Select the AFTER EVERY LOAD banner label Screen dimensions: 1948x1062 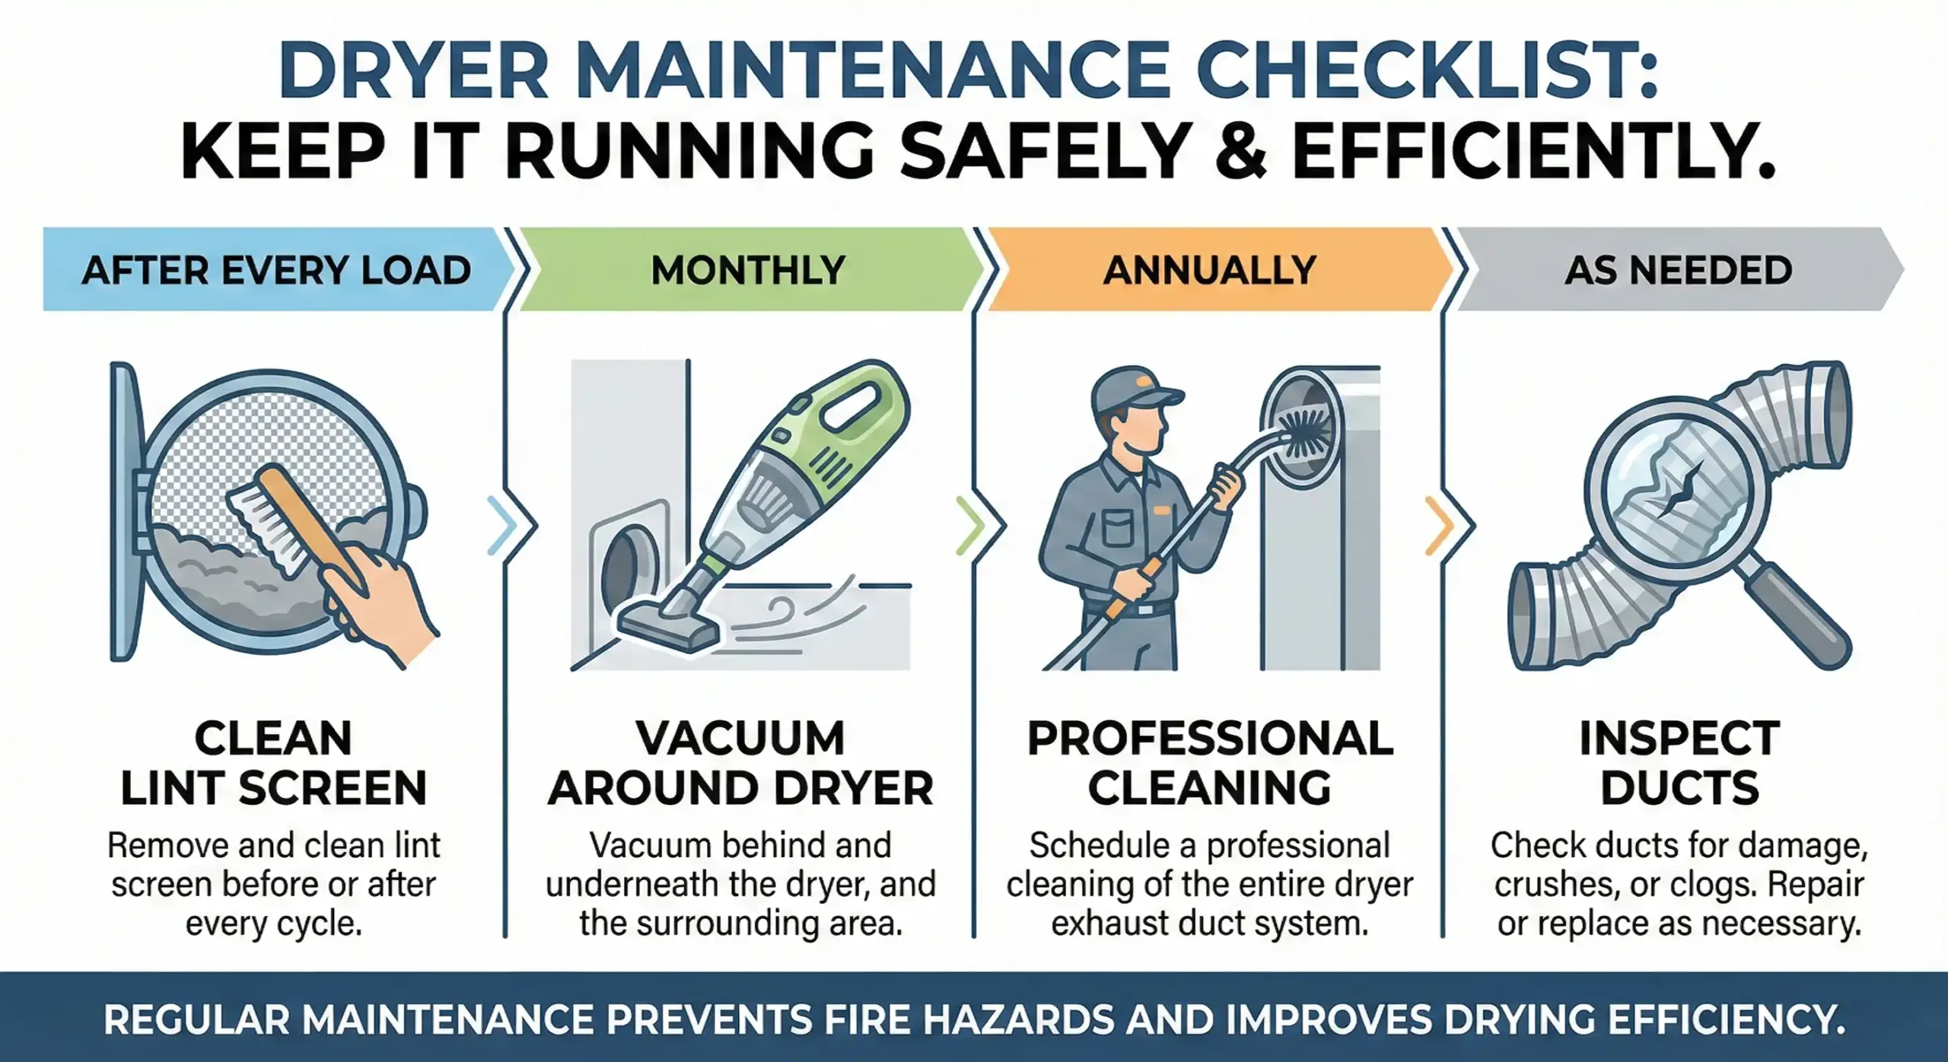pos(276,270)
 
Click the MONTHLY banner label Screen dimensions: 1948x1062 pos(748,270)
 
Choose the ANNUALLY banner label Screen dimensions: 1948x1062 pos(1209,270)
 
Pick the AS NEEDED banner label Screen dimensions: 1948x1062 pos(1678,270)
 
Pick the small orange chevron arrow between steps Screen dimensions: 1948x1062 pos(1437,525)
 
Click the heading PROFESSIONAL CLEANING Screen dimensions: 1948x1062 pos(1210,762)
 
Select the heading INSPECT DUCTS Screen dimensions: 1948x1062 pos(1679,762)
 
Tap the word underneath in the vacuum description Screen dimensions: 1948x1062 pos(634,885)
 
